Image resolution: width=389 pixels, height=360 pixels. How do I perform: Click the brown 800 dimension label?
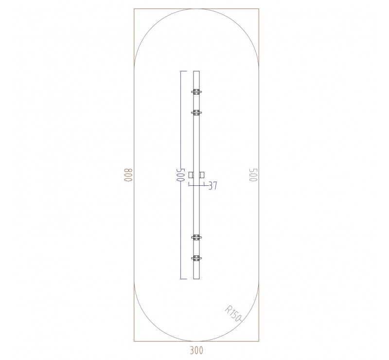pos(128,175)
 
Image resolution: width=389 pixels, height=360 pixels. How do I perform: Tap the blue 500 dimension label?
pos(180,175)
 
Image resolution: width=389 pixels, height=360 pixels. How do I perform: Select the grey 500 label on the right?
pos(253,175)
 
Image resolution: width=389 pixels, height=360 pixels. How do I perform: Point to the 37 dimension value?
pos(212,185)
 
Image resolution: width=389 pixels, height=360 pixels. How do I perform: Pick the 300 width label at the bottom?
pos(196,349)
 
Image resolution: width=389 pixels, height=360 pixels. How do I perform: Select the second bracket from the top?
pos(196,113)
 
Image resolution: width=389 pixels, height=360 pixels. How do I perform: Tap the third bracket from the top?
pos(196,237)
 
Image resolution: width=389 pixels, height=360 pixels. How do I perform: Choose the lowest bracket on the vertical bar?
pos(196,258)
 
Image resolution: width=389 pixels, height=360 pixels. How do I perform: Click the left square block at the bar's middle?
pos(191,175)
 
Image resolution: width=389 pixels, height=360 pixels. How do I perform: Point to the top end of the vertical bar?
pos(196,72)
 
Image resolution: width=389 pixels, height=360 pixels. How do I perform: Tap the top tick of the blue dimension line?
pos(183,72)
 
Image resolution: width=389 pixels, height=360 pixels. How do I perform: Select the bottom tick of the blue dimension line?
pos(183,279)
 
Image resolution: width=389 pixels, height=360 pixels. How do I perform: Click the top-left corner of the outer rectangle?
pos(134,9)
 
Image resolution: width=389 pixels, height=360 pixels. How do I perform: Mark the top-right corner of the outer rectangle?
pos(259,9)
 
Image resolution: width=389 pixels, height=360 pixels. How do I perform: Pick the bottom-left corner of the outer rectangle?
pos(134,342)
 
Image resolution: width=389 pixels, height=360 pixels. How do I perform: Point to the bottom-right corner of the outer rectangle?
pos(259,342)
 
